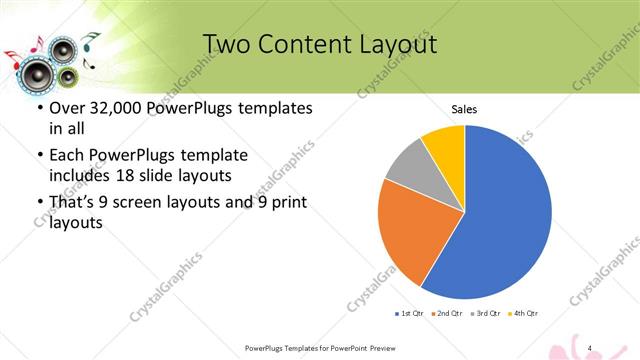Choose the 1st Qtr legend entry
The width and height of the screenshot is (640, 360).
410,313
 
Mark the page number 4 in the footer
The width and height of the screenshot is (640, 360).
591,347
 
